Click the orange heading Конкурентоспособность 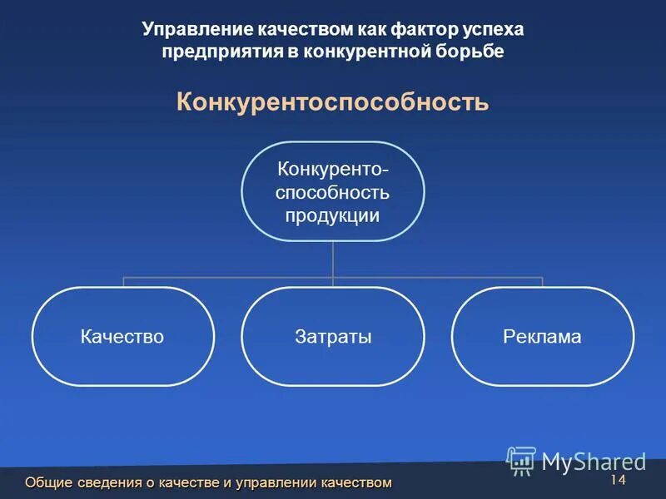pos(332,103)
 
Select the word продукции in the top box pos(333,216)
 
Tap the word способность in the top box pos(333,193)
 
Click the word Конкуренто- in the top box pos(333,170)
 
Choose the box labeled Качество pos(122,337)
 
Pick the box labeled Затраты pos(333,337)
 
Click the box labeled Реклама pos(542,337)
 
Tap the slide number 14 pos(617,481)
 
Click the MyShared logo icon pos(521,461)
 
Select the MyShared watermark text pos(594,462)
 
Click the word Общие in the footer pos(48,482)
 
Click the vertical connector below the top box pos(333,259)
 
